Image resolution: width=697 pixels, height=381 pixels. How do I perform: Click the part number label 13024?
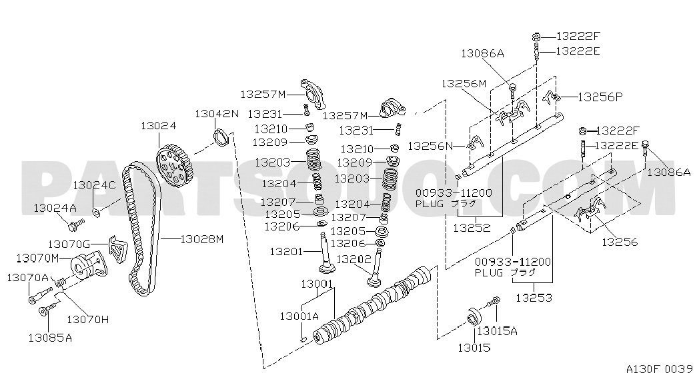tap(159, 126)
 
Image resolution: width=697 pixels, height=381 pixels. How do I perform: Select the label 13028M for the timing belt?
tap(202, 239)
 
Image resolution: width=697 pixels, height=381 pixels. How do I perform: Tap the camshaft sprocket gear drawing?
tap(173, 165)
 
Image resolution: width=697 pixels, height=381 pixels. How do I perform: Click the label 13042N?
tap(217, 114)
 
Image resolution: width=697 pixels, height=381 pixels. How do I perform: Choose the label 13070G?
tap(69, 244)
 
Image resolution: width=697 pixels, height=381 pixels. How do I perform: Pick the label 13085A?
tap(50, 338)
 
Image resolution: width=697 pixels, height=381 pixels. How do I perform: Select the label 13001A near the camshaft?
tap(299, 316)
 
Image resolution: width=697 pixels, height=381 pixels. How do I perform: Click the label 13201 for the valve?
tap(286, 252)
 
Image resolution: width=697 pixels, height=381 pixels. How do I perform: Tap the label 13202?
tap(354, 259)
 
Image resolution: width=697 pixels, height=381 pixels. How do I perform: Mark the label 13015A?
tap(498, 331)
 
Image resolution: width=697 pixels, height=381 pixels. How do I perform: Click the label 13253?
tap(534, 298)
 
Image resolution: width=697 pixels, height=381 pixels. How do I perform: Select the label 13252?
tap(472, 228)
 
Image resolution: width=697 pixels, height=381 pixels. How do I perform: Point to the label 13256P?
tap(600, 97)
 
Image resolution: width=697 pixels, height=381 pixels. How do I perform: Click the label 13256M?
tap(464, 83)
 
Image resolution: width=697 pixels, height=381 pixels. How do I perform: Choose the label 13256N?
tap(430, 146)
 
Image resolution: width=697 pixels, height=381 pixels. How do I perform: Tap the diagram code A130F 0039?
tap(659, 368)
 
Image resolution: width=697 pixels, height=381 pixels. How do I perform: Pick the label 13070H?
tap(87, 319)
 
